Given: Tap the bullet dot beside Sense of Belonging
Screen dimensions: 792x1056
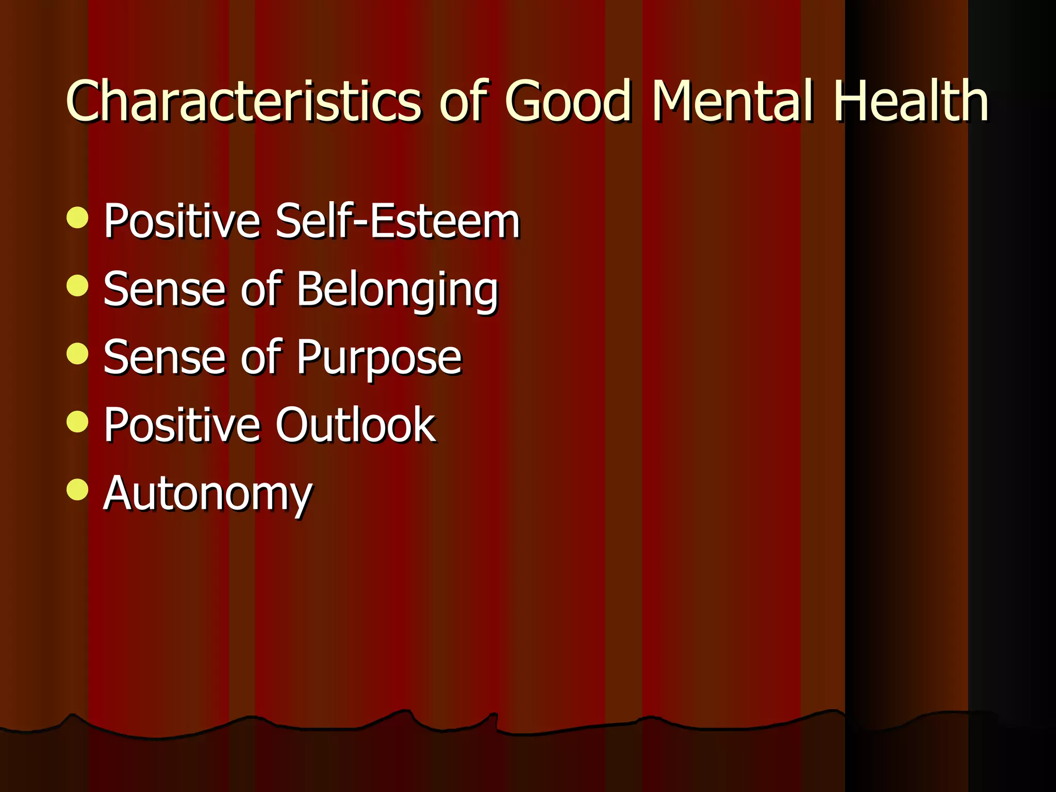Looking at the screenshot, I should [77, 285].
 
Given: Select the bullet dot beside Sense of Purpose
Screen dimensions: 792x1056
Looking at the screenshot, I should [77, 354].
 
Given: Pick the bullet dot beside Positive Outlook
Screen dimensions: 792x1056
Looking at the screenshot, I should [77, 421].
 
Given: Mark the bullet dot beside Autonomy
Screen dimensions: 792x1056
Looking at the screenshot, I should [77, 489].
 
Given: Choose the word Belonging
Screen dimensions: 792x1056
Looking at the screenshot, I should [398, 290].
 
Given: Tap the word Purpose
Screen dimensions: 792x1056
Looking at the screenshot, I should [379, 358].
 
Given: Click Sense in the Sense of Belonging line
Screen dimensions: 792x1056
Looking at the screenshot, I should [164, 289].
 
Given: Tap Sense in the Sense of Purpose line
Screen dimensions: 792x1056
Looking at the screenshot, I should [164, 357].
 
